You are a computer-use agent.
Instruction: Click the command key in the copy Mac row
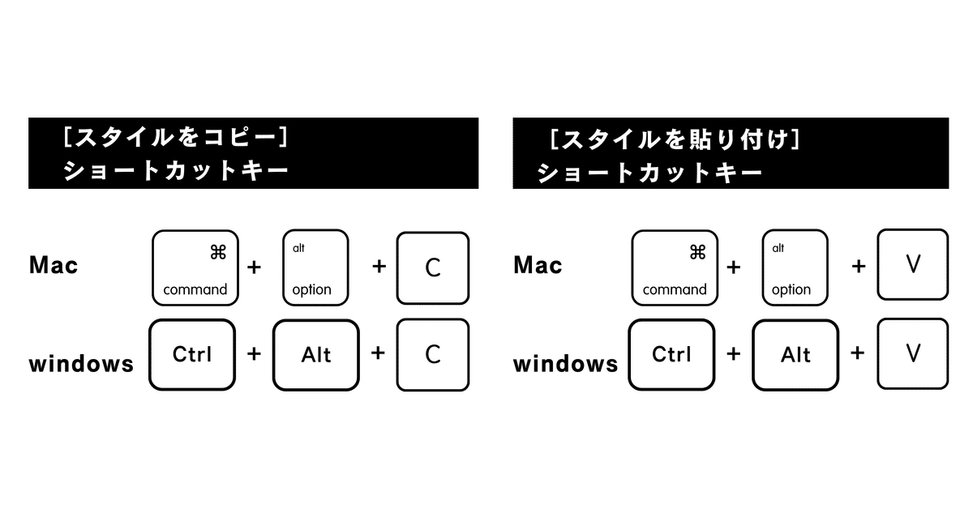coord(195,267)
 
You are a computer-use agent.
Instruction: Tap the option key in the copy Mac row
coord(315,267)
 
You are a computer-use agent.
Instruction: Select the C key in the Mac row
coord(433,267)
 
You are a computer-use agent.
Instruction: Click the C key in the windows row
coord(433,354)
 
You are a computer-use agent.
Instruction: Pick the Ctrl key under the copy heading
coord(192,354)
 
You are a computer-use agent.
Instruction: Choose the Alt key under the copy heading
coord(316,355)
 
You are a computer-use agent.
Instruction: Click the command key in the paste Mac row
coord(675,267)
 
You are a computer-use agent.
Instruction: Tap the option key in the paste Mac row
coord(795,267)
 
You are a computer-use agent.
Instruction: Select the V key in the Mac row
coord(913,264)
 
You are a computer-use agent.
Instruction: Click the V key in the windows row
coord(913,353)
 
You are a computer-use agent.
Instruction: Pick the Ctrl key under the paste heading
coord(672,354)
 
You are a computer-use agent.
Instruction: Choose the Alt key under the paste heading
coord(795,355)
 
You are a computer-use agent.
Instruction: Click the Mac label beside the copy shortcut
coord(54,265)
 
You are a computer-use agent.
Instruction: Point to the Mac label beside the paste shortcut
coord(538,265)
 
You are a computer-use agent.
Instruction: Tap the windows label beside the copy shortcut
coord(81,363)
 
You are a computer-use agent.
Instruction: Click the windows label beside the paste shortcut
coord(566,363)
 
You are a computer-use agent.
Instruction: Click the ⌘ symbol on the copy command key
coord(218,252)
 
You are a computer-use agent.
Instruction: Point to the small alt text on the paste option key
coord(778,248)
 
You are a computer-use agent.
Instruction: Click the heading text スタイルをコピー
coord(175,137)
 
